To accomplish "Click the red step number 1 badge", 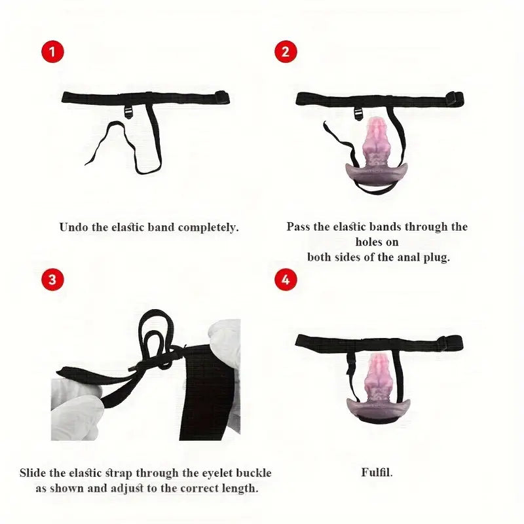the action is (x=52, y=52).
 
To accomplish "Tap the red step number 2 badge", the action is (x=286, y=52).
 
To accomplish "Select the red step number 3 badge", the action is (x=52, y=280).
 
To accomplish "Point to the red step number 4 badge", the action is (x=286, y=280).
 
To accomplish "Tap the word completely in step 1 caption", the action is (x=208, y=227).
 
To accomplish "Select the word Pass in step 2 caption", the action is (x=298, y=227).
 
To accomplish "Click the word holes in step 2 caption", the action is (x=367, y=242).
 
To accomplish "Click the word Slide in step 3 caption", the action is (x=33, y=473).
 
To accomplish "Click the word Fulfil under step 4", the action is (x=377, y=472).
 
